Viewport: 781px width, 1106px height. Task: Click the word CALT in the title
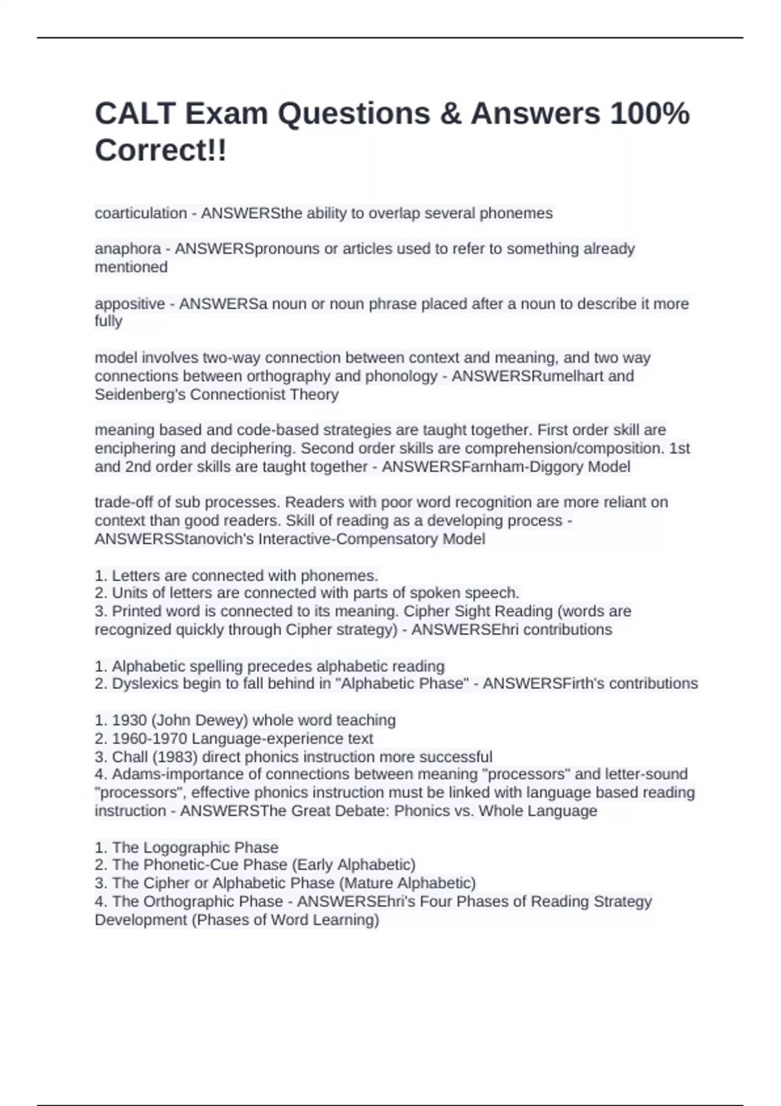[135, 114]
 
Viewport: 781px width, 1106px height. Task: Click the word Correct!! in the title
[161, 151]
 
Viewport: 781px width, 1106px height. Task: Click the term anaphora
[128, 249]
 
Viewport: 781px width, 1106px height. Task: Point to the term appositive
[130, 304]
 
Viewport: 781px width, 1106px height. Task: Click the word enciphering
[137, 448]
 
